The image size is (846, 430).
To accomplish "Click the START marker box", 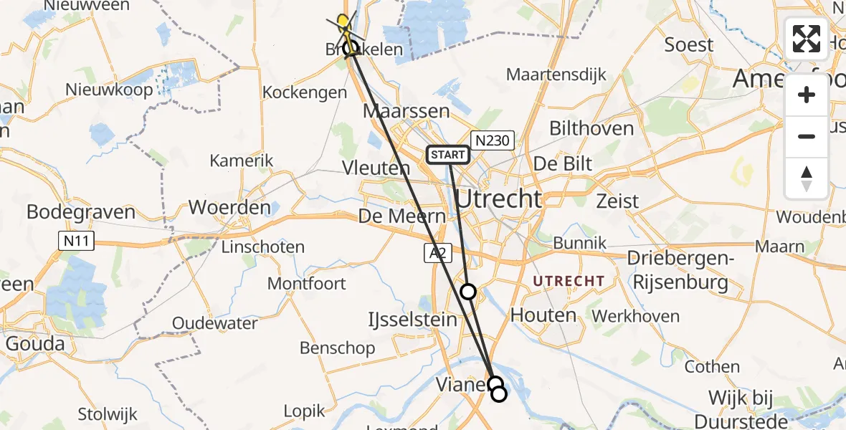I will tap(448, 154).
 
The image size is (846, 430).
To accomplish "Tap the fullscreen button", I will tap(807, 39).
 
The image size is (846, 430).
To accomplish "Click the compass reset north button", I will tap(807, 178).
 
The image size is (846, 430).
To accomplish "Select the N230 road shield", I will tap(492, 140).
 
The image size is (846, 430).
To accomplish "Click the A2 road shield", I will tap(438, 253).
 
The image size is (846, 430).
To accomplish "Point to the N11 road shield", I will tap(77, 241).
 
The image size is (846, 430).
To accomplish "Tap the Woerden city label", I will tap(229, 208).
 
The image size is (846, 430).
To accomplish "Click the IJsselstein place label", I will tap(412, 320).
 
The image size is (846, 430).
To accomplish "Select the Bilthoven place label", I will tap(591, 129).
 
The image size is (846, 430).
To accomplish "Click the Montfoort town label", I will tap(306, 283).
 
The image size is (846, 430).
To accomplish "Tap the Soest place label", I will tap(689, 44).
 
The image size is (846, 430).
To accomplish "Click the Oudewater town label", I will tap(215, 323).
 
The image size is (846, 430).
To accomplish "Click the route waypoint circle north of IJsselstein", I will tap(467, 291).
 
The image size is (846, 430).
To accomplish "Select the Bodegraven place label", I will tap(81, 212).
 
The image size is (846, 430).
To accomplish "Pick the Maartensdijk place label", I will tap(556, 75).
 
